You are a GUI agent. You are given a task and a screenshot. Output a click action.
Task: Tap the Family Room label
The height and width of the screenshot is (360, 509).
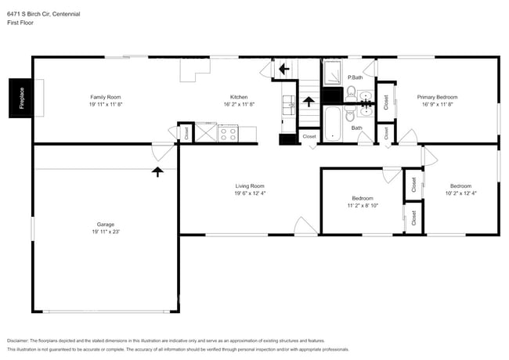coord(105,97)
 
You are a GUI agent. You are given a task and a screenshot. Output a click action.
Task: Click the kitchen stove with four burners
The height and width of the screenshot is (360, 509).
coord(227,134)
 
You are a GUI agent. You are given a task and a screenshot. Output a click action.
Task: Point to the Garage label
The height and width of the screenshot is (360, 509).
coord(106,225)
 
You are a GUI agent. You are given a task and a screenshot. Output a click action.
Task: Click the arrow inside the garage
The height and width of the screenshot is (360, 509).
coord(157,171)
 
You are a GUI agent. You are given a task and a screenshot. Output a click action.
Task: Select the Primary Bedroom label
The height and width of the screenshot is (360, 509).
coord(439,97)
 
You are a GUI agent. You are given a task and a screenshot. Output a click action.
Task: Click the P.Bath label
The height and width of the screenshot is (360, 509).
coord(356,77)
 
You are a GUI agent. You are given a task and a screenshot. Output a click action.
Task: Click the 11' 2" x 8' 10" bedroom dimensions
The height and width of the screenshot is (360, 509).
coord(363,205)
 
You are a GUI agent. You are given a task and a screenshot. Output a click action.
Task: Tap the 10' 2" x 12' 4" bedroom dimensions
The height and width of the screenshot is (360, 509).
coord(460,193)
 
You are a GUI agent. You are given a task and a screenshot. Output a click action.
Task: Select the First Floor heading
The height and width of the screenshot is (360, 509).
coord(20,23)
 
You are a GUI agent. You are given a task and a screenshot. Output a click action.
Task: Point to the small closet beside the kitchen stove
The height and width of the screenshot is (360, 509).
coord(186,133)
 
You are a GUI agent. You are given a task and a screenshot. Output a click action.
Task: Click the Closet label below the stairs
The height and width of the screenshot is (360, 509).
coord(309,136)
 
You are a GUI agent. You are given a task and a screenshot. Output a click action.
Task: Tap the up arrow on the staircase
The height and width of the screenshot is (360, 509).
coord(309,101)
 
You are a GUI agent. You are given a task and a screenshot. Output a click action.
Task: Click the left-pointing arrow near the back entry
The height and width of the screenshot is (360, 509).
coord(283,69)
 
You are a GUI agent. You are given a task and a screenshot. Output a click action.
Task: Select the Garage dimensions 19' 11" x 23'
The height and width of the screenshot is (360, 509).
coord(106,232)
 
